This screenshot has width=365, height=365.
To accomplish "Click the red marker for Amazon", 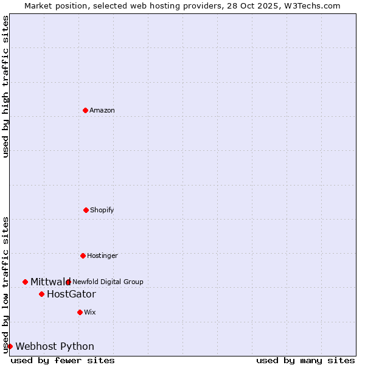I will [x=86, y=110].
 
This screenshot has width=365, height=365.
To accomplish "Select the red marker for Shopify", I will [x=86, y=210].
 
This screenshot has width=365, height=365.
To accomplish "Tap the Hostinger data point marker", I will [x=83, y=255].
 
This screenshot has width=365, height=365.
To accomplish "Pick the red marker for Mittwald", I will [x=25, y=282].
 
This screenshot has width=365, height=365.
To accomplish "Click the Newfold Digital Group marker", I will [x=68, y=282].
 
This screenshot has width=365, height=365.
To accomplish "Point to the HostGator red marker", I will [x=41, y=294].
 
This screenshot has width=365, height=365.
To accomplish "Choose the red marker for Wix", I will [x=80, y=312].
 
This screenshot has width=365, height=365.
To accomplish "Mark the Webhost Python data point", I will [x=10, y=346].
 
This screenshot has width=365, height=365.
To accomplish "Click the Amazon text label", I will [x=102, y=110].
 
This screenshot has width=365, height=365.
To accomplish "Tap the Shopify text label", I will [x=102, y=210].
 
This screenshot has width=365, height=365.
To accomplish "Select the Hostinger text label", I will [x=102, y=255].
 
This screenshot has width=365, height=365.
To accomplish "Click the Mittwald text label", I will [x=50, y=282].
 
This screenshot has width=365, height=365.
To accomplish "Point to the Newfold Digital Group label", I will [x=108, y=282].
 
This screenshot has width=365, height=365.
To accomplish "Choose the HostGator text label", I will [x=71, y=294].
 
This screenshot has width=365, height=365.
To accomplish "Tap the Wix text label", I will [x=90, y=312].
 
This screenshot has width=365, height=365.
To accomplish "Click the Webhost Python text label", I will [x=55, y=346].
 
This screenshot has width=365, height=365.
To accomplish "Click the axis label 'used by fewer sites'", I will [x=63, y=360].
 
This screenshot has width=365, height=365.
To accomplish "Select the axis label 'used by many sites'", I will [x=305, y=360].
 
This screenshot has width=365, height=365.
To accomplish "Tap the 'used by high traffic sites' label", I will [x=5, y=86].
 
